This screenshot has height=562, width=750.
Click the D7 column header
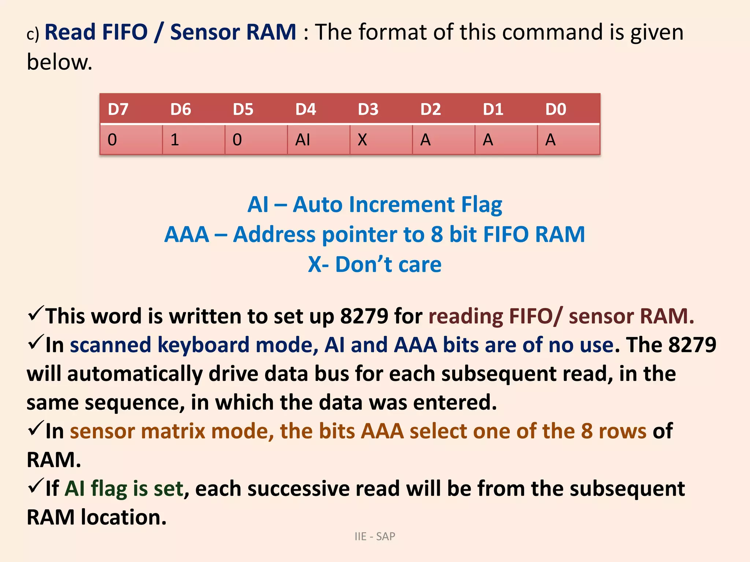click(x=118, y=109)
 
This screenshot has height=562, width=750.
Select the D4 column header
click(x=305, y=109)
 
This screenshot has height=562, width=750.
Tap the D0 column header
click(x=556, y=109)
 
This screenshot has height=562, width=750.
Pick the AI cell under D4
click(x=303, y=140)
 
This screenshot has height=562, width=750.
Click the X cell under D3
click(x=362, y=140)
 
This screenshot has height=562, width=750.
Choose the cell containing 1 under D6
click(x=175, y=140)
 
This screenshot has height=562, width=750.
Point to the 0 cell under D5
click(x=237, y=140)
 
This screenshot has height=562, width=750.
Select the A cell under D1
click(x=488, y=140)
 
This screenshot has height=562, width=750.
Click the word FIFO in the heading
click(x=125, y=32)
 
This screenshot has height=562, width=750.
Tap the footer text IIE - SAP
click(x=375, y=536)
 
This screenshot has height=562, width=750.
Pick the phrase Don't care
click(x=388, y=264)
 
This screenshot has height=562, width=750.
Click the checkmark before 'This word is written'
click(x=36, y=314)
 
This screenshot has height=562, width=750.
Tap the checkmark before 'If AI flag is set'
click(x=36, y=487)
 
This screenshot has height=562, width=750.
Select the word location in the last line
click(x=123, y=517)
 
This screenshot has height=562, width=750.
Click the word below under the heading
click(x=59, y=62)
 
